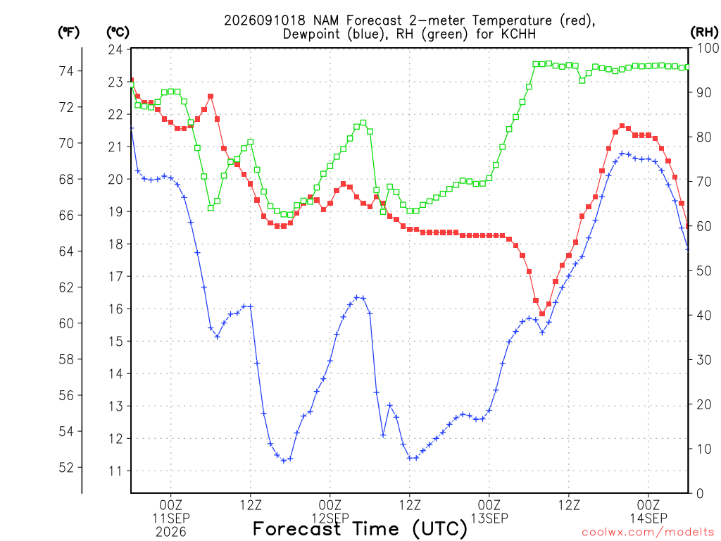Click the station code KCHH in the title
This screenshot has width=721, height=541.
[518, 34]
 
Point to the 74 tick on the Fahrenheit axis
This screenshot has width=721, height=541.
[66, 71]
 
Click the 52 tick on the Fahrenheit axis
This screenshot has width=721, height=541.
[66, 468]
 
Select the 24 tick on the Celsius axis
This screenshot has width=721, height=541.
[115, 49]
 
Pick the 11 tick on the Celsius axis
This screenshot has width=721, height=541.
[115, 471]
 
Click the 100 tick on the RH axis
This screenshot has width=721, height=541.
[708, 48]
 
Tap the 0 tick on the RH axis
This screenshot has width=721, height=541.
[700, 494]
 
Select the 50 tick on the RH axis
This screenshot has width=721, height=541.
[704, 270]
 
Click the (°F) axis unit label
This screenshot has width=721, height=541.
[68, 32]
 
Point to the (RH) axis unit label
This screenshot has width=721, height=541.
[704, 32]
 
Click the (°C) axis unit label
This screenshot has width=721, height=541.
[118, 32]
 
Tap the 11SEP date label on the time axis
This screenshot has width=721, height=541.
[171, 518]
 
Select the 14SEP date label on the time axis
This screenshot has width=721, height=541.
[648, 518]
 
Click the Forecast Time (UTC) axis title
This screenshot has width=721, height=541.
[360, 529]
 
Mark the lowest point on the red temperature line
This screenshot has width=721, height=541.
[542, 313]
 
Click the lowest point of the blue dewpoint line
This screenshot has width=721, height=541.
[284, 461]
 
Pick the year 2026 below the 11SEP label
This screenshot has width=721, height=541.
[171, 533]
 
